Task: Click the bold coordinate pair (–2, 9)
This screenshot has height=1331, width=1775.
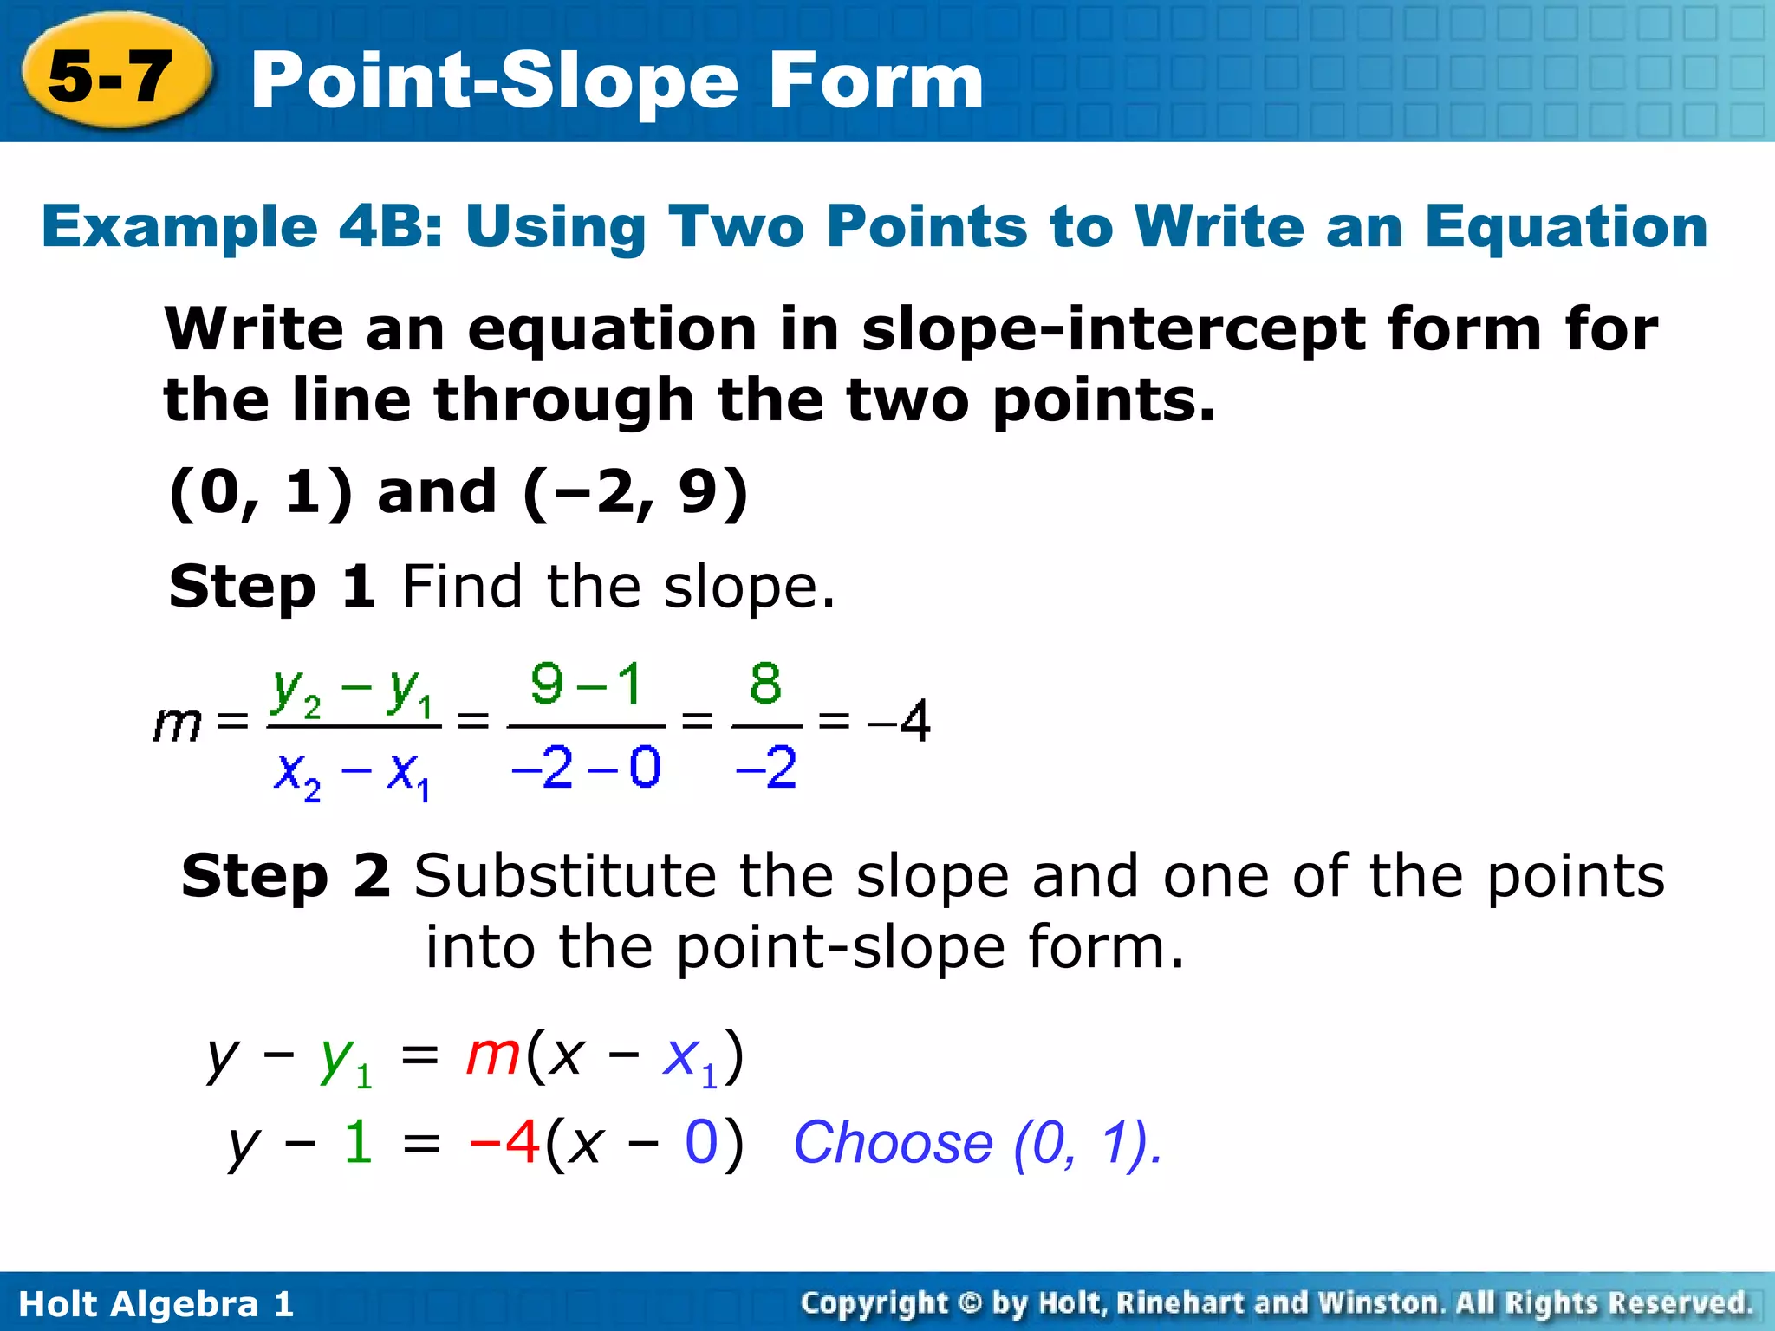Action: click(x=635, y=493)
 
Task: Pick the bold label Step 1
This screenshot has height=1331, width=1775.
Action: click(x=271, y=587)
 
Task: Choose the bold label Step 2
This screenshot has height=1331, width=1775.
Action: click(x=285, y=876)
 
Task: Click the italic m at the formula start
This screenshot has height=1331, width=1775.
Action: click(x=177, y=723)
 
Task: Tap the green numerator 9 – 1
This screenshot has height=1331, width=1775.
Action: click(x=586, y=685)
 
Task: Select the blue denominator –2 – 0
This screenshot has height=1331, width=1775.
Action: click(x=586, y=767)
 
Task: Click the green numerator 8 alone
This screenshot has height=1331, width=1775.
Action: click(x=765, y=685)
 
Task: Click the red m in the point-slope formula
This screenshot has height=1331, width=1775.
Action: click(x=493, y=1055)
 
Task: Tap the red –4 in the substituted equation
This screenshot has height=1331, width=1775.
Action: click(x=504, y=1142)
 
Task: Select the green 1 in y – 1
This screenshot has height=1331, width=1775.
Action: click(x=358, y=1142)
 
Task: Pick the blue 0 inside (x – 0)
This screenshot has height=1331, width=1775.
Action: click(x=700, y=1142)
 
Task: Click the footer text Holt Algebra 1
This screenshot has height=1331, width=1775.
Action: click(x=156, y=1304)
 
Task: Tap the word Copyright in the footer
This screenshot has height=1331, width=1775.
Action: click(x=874, y=1303)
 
